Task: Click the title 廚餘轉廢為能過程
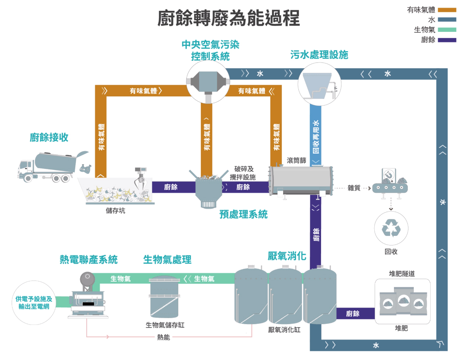coord(228,19)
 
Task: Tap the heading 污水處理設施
coord(319,55)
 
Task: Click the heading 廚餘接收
coord(49,137)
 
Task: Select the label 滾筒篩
coord(296,160)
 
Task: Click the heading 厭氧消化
coord(287,256)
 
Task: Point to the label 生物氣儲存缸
coord(165,325)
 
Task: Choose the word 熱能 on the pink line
coord(164,337)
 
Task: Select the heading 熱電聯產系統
coord(89,260)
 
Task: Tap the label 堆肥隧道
coord(401,274)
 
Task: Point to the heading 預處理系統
coord(243,214)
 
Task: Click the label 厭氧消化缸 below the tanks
coord(284,329)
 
